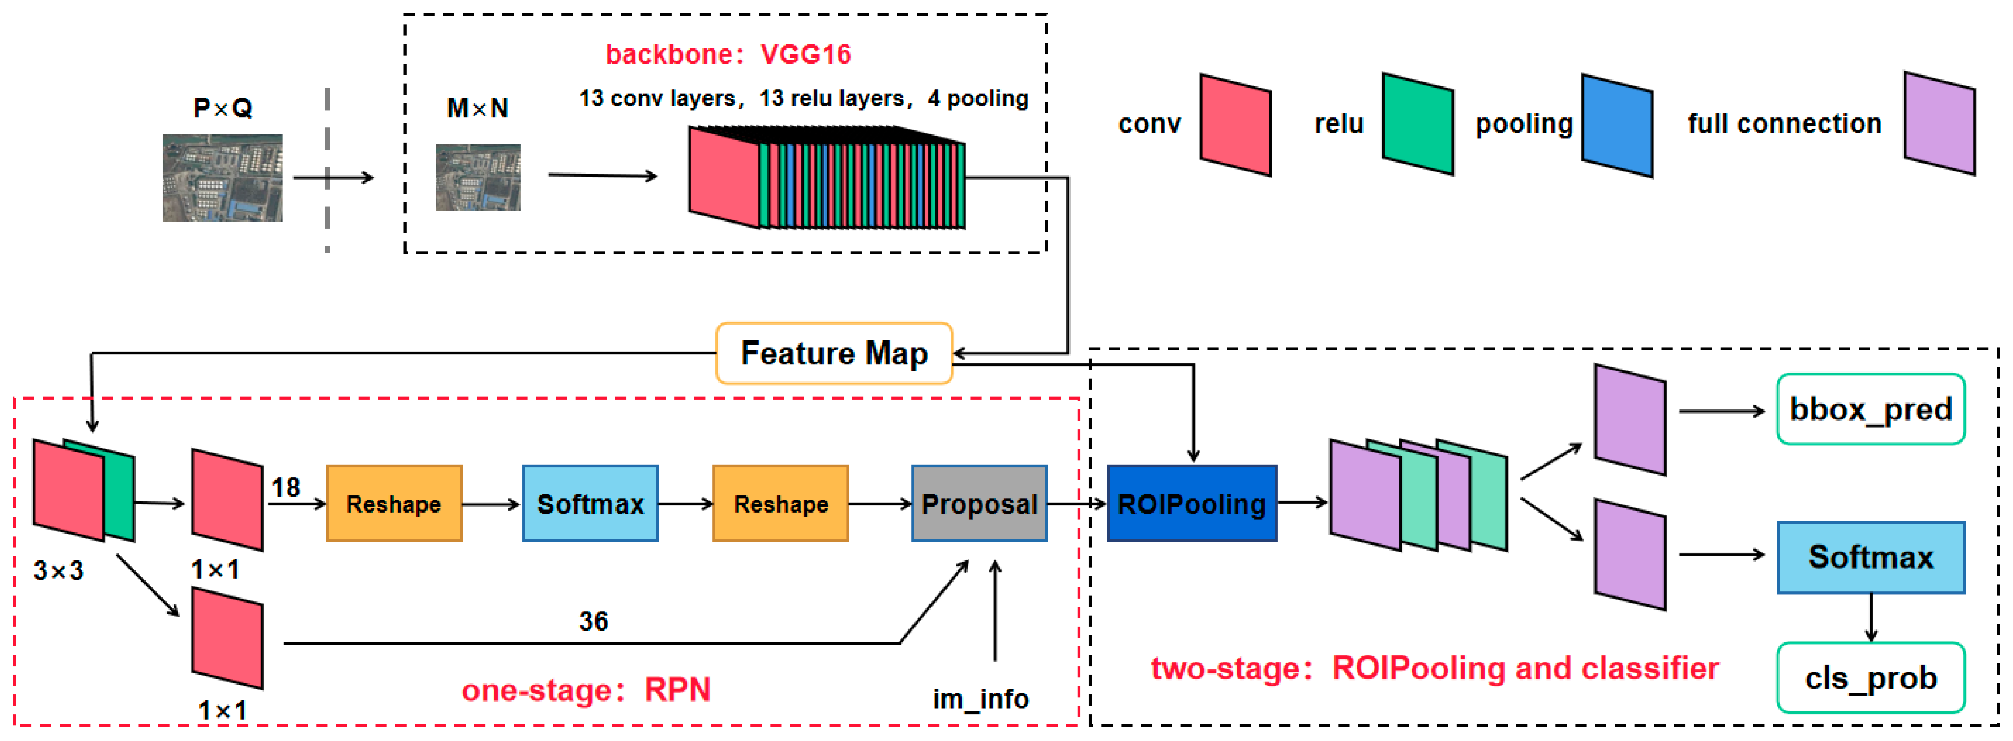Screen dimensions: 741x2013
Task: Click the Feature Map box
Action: [834, 353]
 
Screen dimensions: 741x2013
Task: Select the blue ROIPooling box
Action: [1192, 504]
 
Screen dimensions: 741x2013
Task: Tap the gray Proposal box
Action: [979, 504]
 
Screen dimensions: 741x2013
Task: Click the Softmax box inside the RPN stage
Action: [590, 504]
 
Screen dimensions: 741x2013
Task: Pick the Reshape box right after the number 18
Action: [394, 504]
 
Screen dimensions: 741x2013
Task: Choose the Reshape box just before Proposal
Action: [781, 504]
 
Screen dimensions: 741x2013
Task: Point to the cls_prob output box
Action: [1871, 678]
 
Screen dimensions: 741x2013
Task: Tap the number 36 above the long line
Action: [593, 621]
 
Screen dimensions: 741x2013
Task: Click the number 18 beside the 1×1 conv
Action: [285, 488]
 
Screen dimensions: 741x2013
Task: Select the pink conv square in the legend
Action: [1235, 125]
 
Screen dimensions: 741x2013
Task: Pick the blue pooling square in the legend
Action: [1617, 125]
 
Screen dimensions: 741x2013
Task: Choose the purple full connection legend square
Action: [1940, 124]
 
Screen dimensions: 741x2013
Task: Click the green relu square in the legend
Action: [1418, 124]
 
